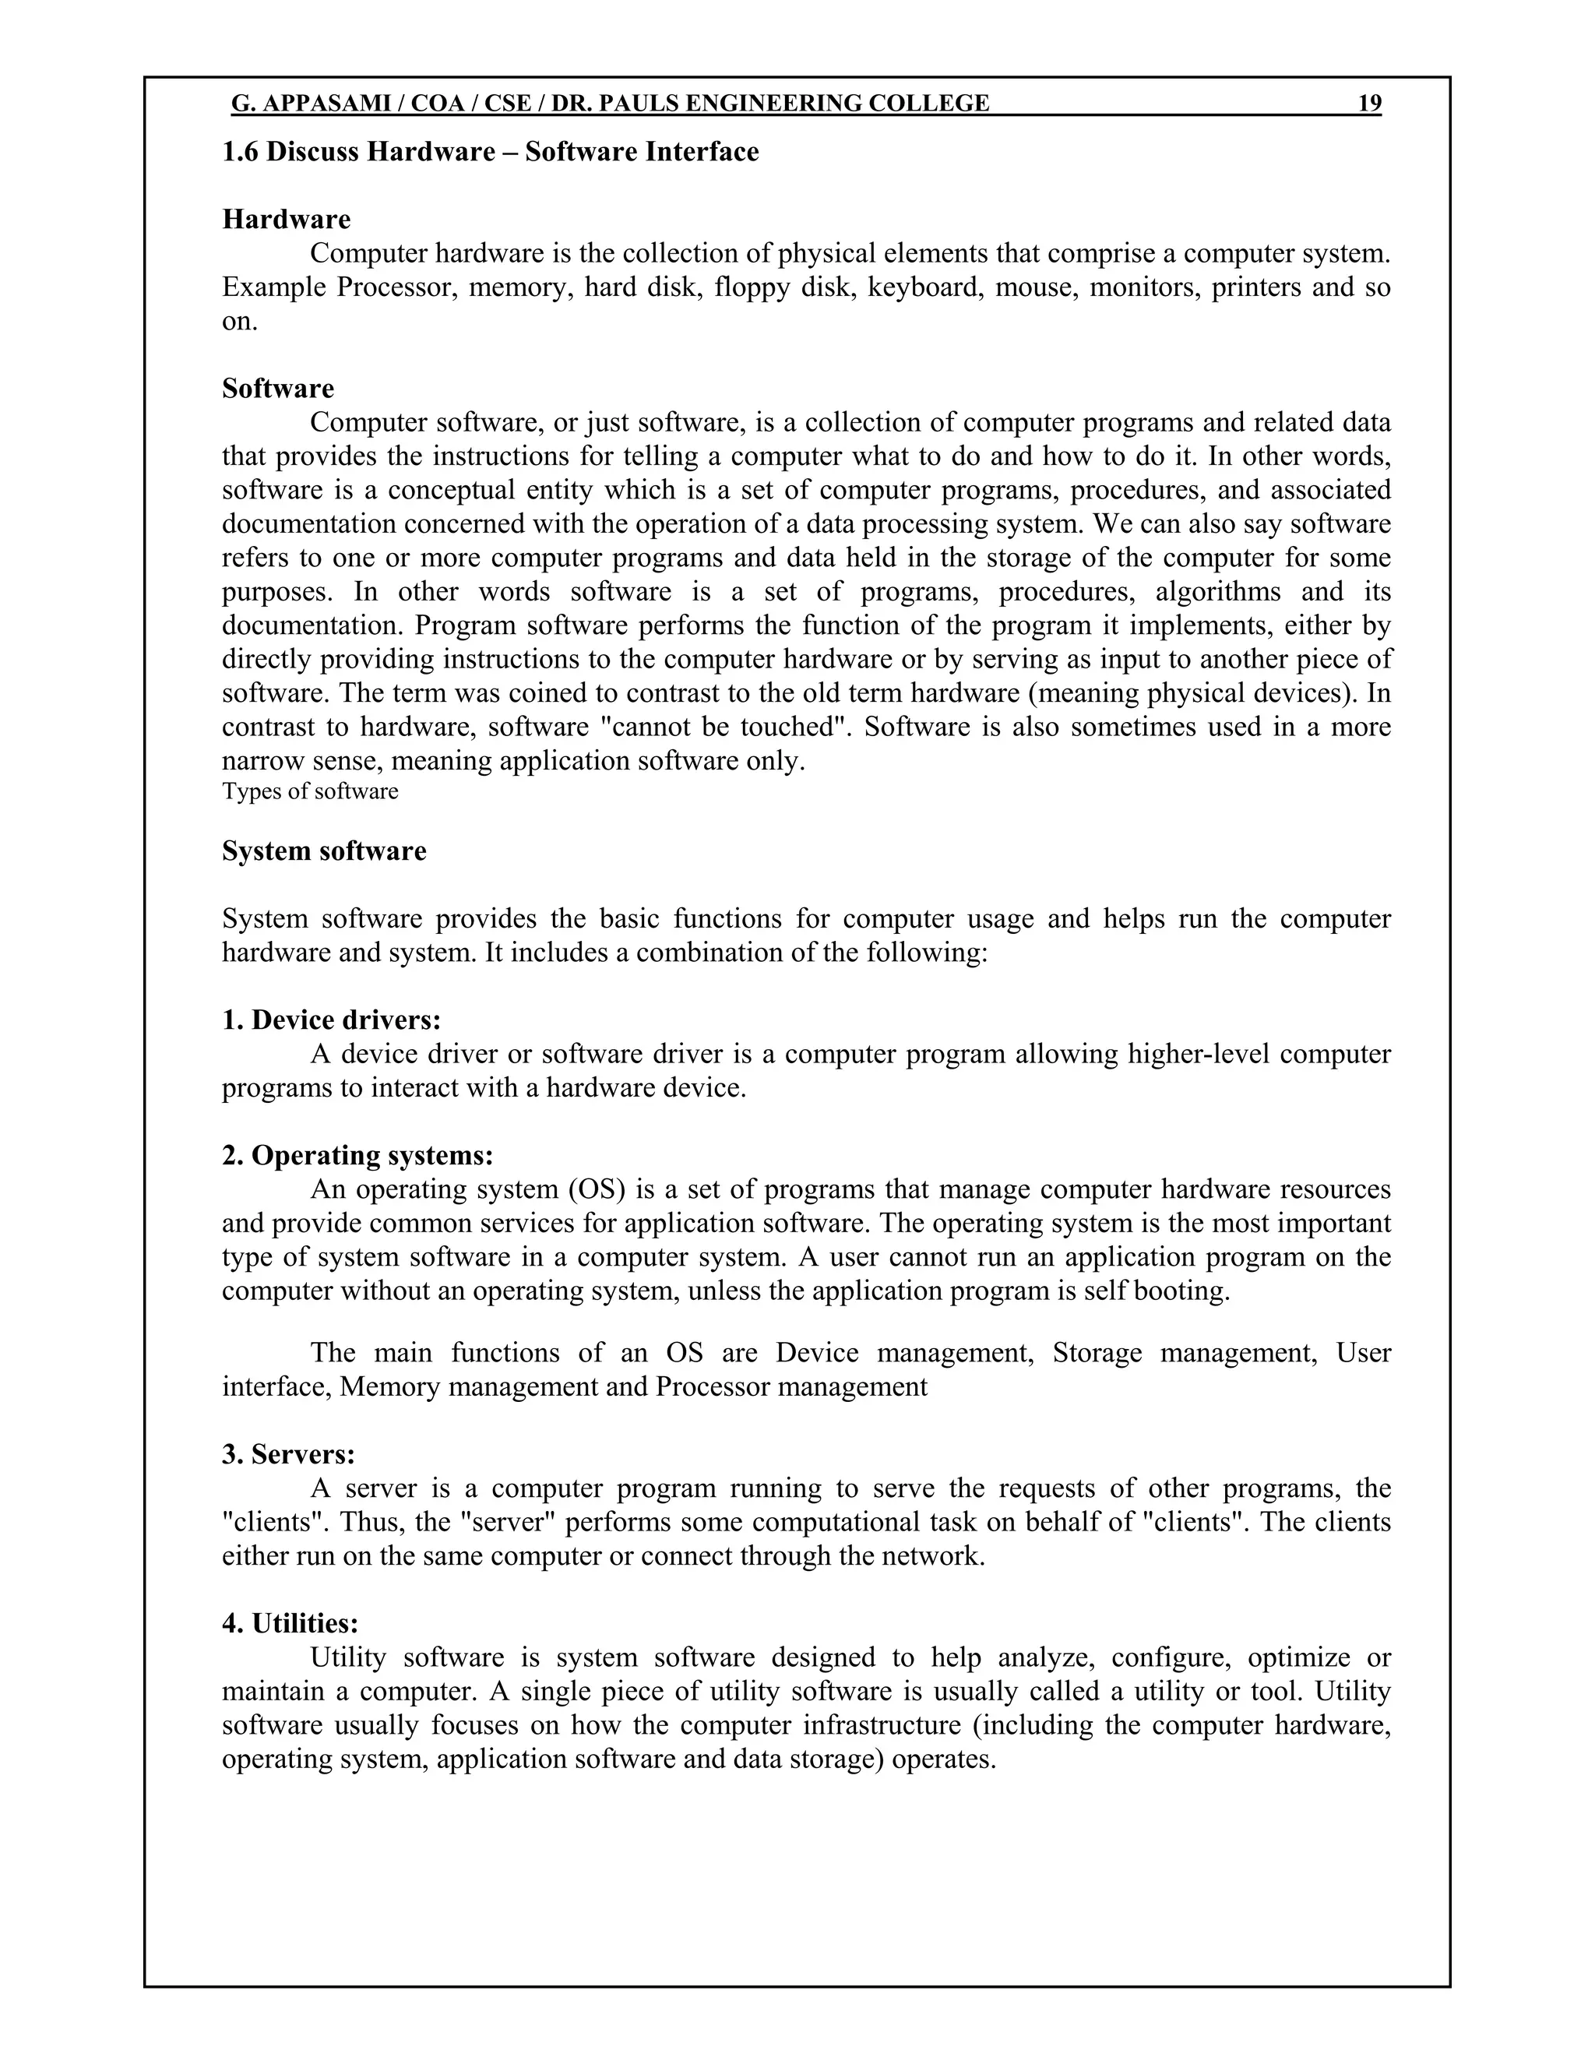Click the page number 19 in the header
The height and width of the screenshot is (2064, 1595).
point(1369,103)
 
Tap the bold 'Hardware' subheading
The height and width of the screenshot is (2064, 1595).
point(287,220)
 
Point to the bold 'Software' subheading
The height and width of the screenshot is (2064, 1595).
point(278,389)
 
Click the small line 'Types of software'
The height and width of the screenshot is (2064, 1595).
point(310,791)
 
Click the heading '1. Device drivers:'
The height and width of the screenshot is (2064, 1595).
point(332,1020)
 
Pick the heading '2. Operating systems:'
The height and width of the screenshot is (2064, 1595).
point(357,1155)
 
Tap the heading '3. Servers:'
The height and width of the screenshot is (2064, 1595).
point(288,1453)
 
